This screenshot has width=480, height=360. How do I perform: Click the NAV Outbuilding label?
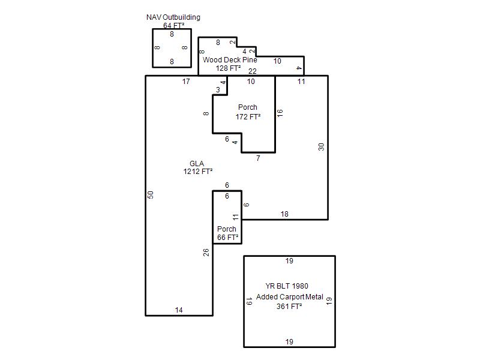(x=173, y=17)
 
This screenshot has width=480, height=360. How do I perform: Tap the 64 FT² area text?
(x=173, y=25)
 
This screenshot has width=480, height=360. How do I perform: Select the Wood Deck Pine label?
(x=230, y=59)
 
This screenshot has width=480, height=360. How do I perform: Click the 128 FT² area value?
(x=228, y=68)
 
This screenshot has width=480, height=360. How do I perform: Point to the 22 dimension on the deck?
(x=253, y=71)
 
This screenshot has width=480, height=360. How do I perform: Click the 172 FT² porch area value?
(x=248, y=116)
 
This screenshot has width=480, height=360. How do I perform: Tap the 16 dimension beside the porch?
(x=280, y=113)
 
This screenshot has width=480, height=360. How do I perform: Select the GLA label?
(x=197, y=163)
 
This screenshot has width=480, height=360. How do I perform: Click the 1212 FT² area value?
(x=198, y=172)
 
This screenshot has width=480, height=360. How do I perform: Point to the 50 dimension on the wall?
(x=151, y=194)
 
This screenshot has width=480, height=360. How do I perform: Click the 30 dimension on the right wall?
(x=321, y=147)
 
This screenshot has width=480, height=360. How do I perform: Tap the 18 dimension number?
(x=284, y=214)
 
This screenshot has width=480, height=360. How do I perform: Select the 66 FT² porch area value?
(x=228, y=237)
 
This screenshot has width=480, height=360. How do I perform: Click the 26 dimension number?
(x=206, y=252)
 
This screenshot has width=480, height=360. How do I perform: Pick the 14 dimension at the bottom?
(x=179, y=310)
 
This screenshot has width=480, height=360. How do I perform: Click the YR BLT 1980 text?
(x=287, y=286)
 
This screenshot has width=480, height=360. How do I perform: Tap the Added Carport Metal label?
(x=290, y=297)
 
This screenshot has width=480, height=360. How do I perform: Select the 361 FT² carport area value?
(x=289, y=306)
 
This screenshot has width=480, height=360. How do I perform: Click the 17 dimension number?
(x=186, y=82)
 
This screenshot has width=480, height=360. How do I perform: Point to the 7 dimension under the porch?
(x=258, y=158)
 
